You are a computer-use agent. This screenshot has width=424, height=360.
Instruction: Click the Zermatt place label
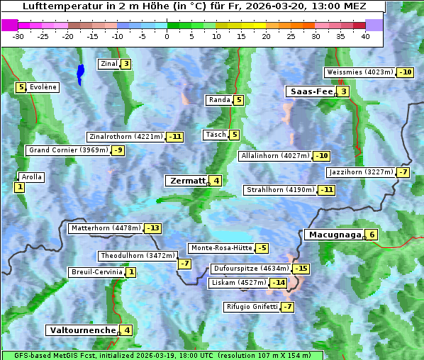(187, 181)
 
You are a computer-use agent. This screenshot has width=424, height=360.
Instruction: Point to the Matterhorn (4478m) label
(106, 228)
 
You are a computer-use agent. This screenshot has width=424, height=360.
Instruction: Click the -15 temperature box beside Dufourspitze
(301, 269)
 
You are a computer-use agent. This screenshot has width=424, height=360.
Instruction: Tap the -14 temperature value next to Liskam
(279, 283)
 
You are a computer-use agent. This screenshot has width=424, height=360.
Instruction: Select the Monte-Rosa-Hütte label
(221, 248)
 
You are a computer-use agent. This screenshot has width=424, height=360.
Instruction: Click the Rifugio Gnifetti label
(251, 307)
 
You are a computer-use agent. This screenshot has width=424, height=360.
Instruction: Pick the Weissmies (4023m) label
(359, 72)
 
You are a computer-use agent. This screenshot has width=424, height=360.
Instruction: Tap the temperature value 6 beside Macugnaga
(372, 235)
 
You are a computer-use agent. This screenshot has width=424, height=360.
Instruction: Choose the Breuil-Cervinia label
(96, 272)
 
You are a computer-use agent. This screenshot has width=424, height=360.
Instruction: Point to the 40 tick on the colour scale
(365, 37)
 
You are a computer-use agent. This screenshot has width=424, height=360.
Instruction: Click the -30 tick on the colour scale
(18, 37)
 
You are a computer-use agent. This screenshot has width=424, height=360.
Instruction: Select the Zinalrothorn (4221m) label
(125, 137)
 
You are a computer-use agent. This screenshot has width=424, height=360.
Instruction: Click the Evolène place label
(43, 87)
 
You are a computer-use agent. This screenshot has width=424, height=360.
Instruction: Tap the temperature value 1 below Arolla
(19, 187)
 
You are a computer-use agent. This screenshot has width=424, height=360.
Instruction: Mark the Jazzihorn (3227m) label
(360, 172)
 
